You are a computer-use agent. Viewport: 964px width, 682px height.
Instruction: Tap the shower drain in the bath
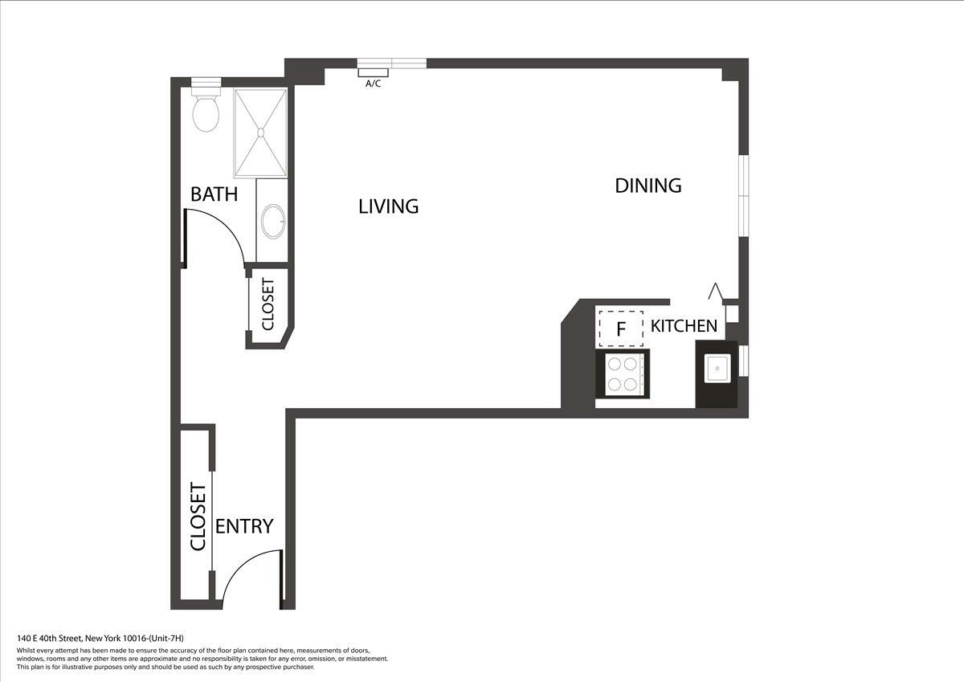(x=261, y=133)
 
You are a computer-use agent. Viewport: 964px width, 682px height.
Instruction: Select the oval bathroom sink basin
(x=273, y=221)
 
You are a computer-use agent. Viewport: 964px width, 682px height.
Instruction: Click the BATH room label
(x=214, y=194)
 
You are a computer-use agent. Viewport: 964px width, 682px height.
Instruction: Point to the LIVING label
(x=388, y=206)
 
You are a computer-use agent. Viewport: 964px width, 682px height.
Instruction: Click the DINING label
(x=648, y=186)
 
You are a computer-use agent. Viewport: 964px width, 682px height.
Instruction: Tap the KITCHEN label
(x=684, y=326)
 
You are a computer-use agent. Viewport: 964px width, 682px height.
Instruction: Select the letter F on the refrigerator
(x=620, y=329)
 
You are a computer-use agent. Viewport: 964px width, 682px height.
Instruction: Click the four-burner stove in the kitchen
(x=623, y=374)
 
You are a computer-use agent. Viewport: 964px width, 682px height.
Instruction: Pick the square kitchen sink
(x=717, y=368)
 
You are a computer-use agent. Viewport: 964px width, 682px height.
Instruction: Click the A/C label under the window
(x=373, y=84)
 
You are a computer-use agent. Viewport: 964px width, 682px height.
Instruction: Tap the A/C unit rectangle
(x=373, y=72)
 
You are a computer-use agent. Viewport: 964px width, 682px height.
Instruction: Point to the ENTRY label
(x=244, y=526)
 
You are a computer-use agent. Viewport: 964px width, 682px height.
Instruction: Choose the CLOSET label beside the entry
(x=198, y=517)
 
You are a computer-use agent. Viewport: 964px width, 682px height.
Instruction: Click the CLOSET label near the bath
(x=268, y=304)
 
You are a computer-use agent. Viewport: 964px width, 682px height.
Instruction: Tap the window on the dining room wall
(x=744, y=196)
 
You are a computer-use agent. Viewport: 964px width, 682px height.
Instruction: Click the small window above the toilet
(x=206, y=82)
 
